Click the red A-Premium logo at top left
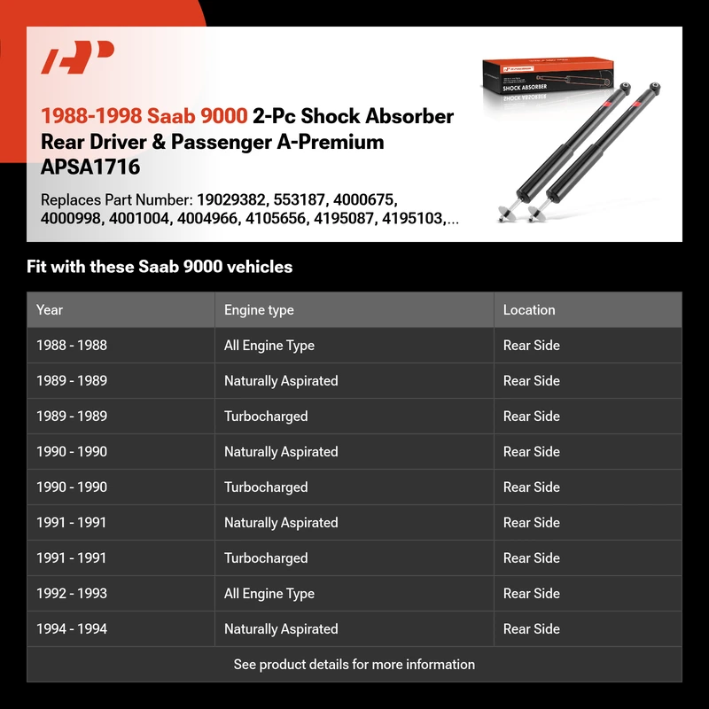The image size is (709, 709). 78,60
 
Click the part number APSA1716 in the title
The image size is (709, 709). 90,167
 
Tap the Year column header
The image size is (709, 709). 50,310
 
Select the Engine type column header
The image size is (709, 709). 259,310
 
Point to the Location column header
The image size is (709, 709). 529,310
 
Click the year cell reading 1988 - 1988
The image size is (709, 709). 72,346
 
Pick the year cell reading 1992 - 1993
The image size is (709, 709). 72,594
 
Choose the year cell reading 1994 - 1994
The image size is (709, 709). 72,629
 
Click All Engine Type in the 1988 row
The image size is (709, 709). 269,346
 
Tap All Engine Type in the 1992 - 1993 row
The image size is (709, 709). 269,594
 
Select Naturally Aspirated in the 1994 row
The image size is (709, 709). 281,629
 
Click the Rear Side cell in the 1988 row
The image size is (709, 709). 532,346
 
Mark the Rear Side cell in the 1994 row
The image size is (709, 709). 532,629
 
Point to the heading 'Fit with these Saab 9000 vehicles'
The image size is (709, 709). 160,267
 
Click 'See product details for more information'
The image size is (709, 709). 354,665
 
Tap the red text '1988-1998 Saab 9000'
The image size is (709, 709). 144,116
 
